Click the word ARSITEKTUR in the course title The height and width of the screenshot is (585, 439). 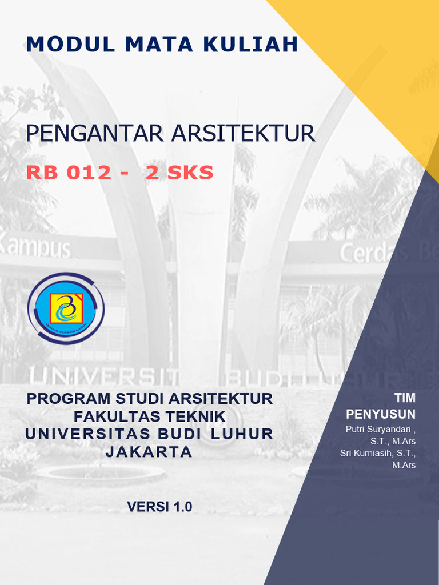click(x=243, y=134)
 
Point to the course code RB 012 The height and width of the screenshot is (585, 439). click(x=69, y=173)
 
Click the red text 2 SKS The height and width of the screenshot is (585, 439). click(x=179, y=173)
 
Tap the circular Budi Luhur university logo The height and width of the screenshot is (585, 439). click(x=66, y=308)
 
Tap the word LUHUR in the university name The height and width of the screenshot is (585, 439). click(x=242, y=434)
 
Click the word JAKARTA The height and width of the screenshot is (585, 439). click(x=149, y=451)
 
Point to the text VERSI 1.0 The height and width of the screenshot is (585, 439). click(x=159, y=506)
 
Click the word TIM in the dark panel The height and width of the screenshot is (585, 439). click(x=405, y=398)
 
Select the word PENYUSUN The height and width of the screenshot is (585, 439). click(x=381, y=414)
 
